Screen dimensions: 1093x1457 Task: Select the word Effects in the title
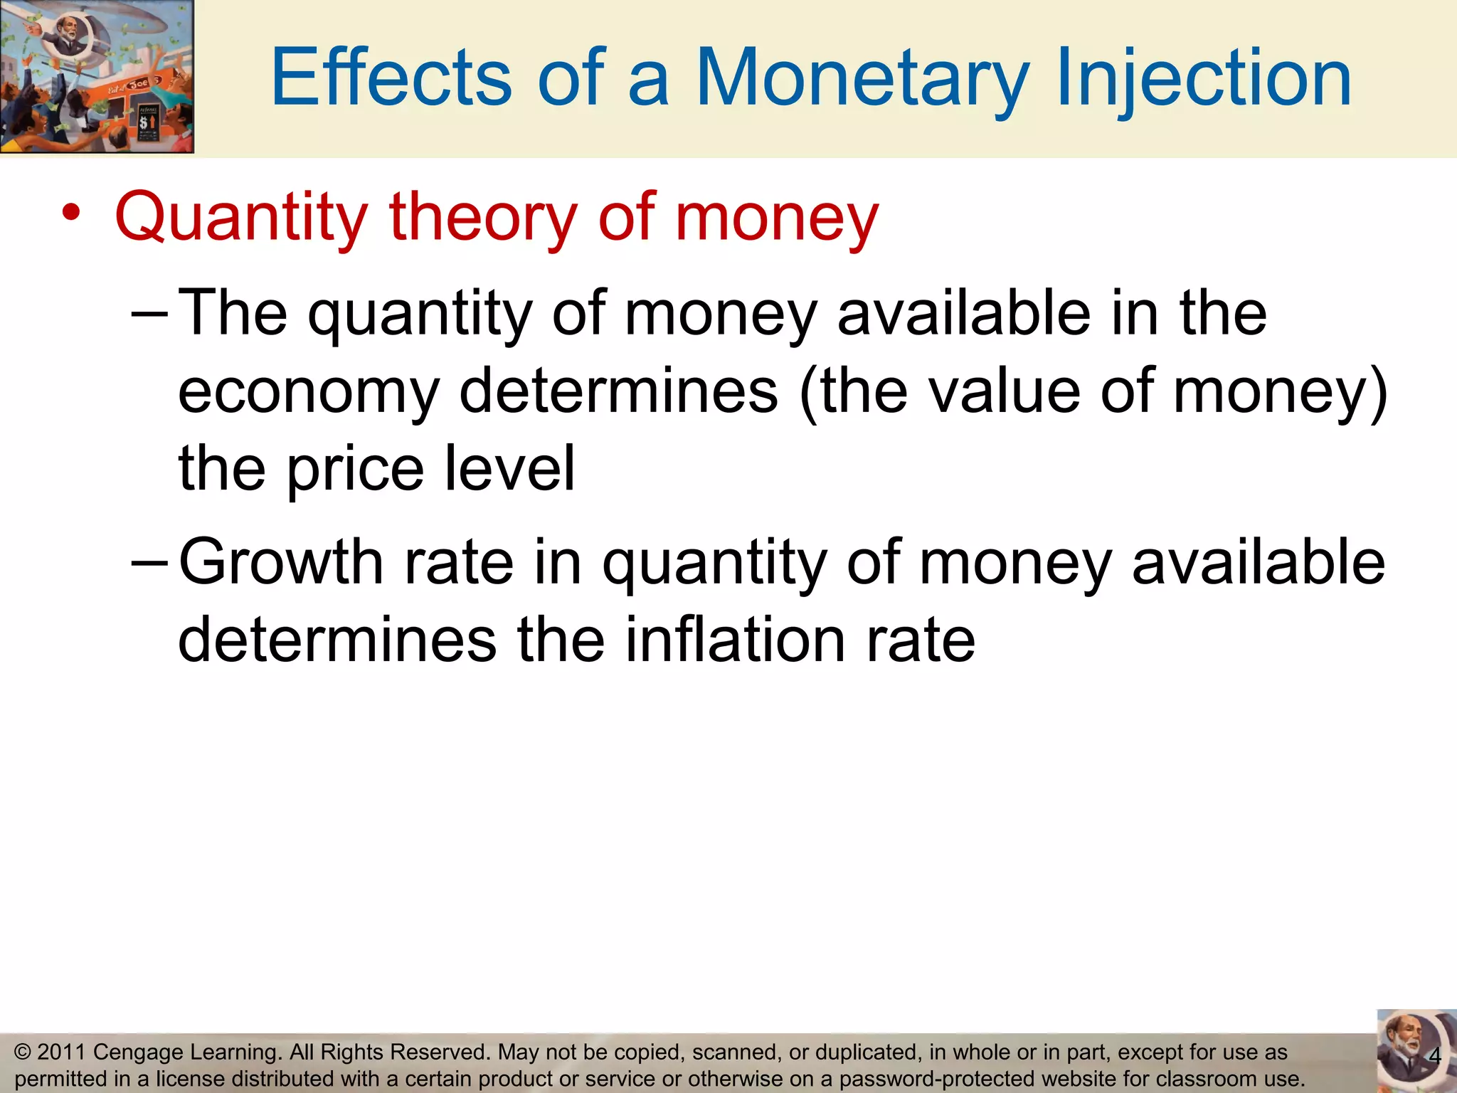point(390,77)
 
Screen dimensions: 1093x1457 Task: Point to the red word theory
point(483,216)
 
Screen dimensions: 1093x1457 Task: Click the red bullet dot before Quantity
point(70,212)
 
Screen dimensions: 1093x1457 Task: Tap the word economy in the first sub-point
point(309,391)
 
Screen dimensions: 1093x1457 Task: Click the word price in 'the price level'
point(355,469)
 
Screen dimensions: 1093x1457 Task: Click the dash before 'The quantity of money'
point(150,314)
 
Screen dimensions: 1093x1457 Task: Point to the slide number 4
point(1434,1056)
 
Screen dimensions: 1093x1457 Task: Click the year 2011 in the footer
point(60,1052)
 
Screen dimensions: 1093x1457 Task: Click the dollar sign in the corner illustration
point(144,123)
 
